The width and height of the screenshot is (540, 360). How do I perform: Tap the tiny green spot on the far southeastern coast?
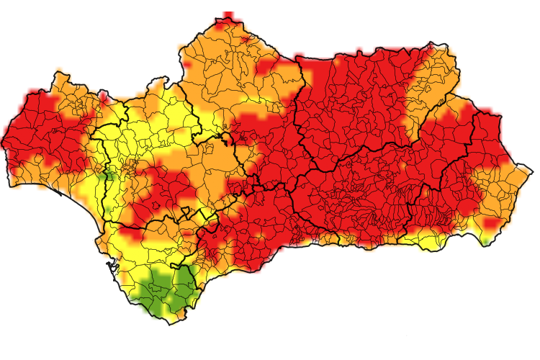[486, 241]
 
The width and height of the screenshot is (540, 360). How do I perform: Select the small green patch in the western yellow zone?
[109, 175]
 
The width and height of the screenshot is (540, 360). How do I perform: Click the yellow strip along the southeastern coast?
[425, 239]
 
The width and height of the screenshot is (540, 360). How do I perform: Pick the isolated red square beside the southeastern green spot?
[492, 224]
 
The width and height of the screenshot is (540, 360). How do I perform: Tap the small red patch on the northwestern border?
[104, 95]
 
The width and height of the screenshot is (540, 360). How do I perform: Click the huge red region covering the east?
[360, 158]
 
